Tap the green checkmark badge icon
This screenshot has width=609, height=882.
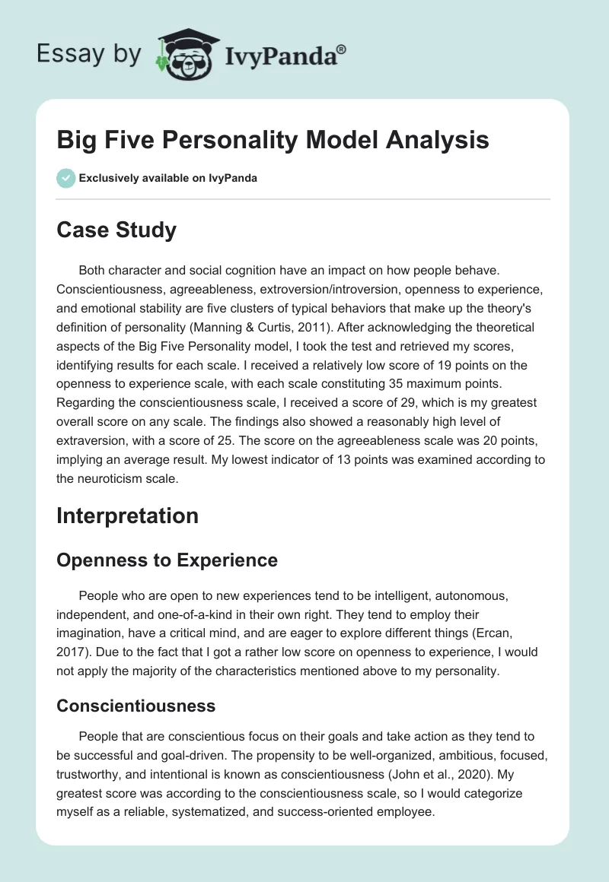tap(65, 178)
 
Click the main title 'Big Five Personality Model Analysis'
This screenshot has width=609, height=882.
tap(273, 141)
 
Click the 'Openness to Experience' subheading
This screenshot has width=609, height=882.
tap(167, 560)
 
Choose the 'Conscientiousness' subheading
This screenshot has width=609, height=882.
tap(136, 706)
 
